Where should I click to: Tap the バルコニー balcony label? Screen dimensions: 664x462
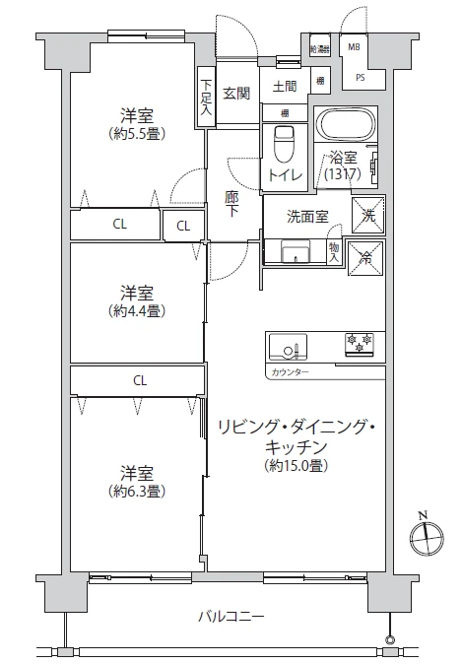[x=231, y=618]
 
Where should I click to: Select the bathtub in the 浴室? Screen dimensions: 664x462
[x=345, y=126]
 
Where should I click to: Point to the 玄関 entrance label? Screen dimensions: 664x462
[x=236, y=93]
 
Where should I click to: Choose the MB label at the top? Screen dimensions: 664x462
[x=353, y=45]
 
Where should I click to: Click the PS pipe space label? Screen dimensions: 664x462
[x=361, y=77]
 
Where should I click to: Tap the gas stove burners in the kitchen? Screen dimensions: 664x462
[x=358, y=344]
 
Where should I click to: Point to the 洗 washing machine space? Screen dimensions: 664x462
[x=368, y=214]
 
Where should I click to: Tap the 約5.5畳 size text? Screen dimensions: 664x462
[x=136, y=133]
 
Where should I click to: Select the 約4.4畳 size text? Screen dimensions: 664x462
[x=136, y=310]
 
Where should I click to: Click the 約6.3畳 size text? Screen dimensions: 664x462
[x=136, y=490]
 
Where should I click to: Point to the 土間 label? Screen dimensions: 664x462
[x=286, y=85]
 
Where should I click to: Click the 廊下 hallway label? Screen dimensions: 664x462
[x=232, y=203]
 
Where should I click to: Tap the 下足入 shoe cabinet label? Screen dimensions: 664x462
[x=207, y=98]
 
